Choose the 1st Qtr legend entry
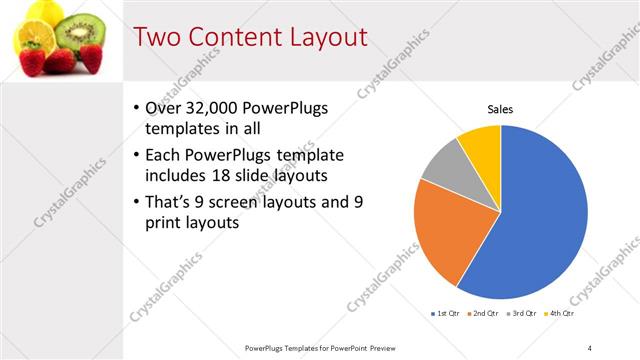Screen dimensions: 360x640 pyautogui.click(x=446, y=313)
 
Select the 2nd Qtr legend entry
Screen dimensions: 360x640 pyautogui.click(x=484, y=313)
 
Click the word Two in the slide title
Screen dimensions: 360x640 pyautogui.click(x=158, y=37)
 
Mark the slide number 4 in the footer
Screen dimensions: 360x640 pyautogui.click(x=589, y=347)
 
